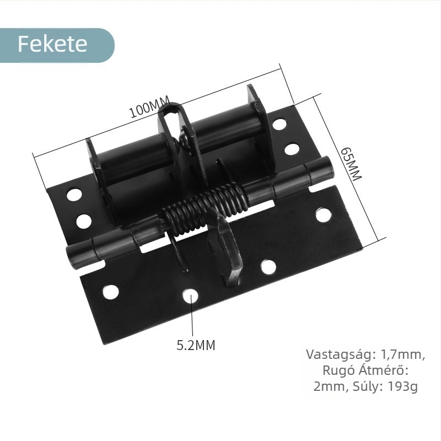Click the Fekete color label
coord(53,44)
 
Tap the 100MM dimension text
coord(149,108)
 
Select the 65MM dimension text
coord(351,164)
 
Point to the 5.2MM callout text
coord(196,346)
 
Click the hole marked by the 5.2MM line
coord(191,296)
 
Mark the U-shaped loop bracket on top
coord(173,116)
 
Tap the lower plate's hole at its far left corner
coord(111,292)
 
